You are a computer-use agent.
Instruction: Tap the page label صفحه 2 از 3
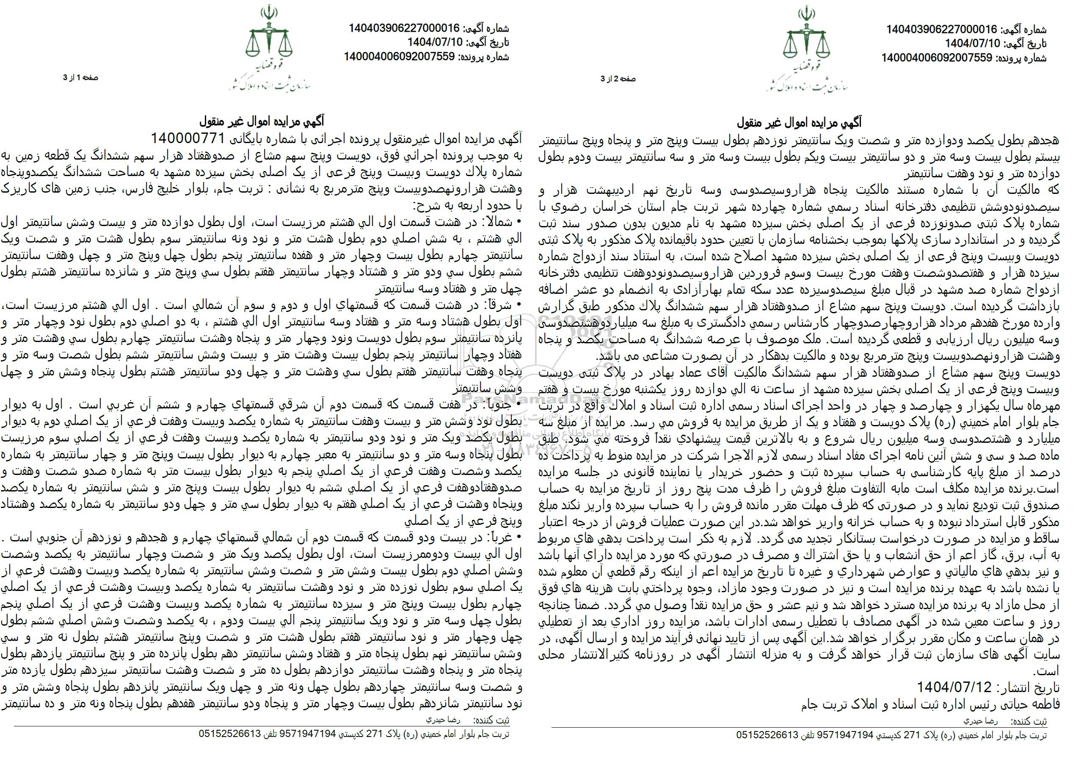click(x=618, y=79)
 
